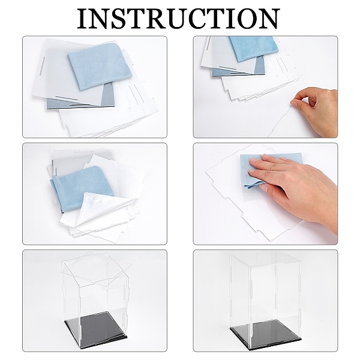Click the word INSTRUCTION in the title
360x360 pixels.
tap(178, 19)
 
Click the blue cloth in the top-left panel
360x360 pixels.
tap(99, 66)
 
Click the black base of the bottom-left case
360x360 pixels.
tap(96, 329)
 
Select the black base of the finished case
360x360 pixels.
tap(266, 332)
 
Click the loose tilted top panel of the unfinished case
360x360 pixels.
tap(97, 269)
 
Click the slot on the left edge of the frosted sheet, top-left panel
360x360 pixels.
tap(42, 66)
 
